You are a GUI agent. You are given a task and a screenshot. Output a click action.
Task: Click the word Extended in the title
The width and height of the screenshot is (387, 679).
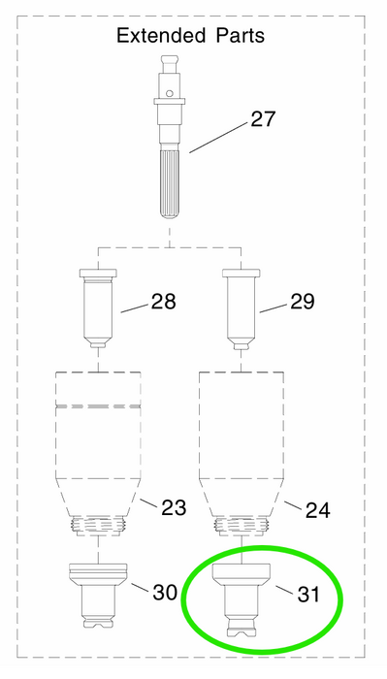162,35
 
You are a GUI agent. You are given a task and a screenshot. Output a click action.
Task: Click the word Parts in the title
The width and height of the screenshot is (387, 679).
241,35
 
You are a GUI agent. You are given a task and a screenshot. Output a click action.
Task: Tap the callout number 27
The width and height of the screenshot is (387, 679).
263,118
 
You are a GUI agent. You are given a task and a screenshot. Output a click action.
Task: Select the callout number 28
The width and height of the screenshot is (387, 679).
164,302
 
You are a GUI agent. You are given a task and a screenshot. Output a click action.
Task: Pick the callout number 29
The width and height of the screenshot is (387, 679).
303,302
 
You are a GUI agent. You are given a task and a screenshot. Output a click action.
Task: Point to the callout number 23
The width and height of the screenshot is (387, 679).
174,507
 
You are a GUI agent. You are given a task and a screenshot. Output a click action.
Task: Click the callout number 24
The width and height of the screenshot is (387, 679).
318,510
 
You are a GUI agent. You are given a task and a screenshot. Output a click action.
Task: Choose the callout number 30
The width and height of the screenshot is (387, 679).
165,592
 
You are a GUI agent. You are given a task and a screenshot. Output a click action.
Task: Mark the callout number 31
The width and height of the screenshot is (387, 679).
308,594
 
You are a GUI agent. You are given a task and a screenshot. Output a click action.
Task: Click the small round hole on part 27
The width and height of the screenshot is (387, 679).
170,93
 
